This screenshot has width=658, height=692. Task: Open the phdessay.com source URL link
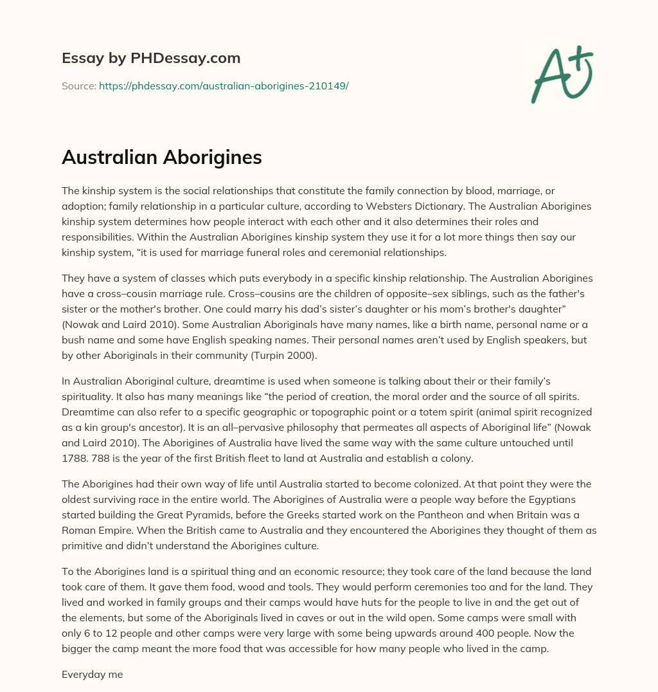pyautogui.click(x=224, y=86)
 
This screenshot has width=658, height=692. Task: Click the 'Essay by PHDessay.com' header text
pyautogui.click(x=151, y=59)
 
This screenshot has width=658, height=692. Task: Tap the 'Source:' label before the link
pyautogui.click(x=78, y=86)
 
